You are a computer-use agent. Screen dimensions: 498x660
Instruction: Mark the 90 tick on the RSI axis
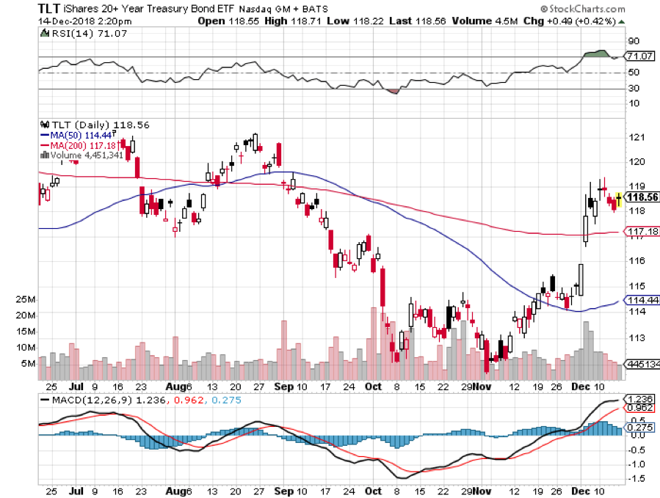point(632,41)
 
